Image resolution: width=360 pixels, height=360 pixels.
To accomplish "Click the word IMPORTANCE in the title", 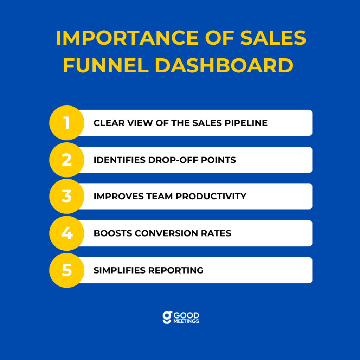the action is point(127,38).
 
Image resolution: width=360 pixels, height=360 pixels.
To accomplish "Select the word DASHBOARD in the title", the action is point(224,65).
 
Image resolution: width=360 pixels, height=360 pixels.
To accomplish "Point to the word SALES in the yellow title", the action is point(273,38).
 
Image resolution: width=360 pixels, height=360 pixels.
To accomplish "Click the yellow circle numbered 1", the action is point(67,123).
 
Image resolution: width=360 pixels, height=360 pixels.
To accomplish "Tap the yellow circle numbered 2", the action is point(67,160).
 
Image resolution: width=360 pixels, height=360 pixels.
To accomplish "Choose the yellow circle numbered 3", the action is point(67,196).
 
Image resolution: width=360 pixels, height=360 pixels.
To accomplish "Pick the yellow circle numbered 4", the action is point(67,233).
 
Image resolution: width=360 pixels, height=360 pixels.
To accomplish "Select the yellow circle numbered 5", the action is point(67,270).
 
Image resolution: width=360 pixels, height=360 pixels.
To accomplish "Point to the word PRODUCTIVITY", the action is point(211,197).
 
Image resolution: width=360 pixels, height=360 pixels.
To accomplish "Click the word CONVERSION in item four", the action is point(166,233).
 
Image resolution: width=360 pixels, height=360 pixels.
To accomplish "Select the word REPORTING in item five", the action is point(176,270).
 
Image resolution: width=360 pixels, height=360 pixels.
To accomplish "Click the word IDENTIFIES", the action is point(120,160).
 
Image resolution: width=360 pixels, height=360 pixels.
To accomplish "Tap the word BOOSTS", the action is point(113,233).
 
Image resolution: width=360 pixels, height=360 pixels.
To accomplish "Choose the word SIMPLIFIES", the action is point(120,270).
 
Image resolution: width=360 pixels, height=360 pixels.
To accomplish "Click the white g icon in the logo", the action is point(167,317).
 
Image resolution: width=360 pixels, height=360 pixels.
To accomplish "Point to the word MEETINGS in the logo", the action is point(186,321).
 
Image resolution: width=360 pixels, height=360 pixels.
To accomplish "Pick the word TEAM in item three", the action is point(160,197).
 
